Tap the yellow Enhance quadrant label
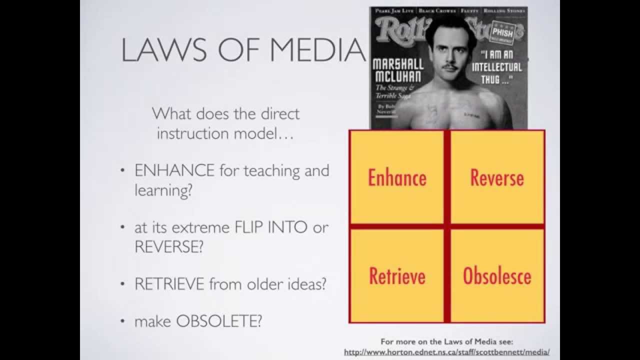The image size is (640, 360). tap(397, 177)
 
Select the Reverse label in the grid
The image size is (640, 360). tap(497, 177)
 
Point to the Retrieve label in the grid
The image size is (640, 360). tap(397, 276)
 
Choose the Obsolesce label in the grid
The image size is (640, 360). tap(497, 276)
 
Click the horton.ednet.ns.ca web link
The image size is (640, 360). tap(446, 352)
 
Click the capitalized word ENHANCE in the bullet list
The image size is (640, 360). tap(174, 170)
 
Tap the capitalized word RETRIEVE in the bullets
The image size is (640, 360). tap(169, 284)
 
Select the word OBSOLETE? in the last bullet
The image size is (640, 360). tap(219, 321)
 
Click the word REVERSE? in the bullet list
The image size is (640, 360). tap(169, 247)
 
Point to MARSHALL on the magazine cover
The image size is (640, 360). tap(398, 64)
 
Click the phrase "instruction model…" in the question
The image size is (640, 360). tap(226, 133)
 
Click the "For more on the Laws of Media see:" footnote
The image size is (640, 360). tap(446, 342)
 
